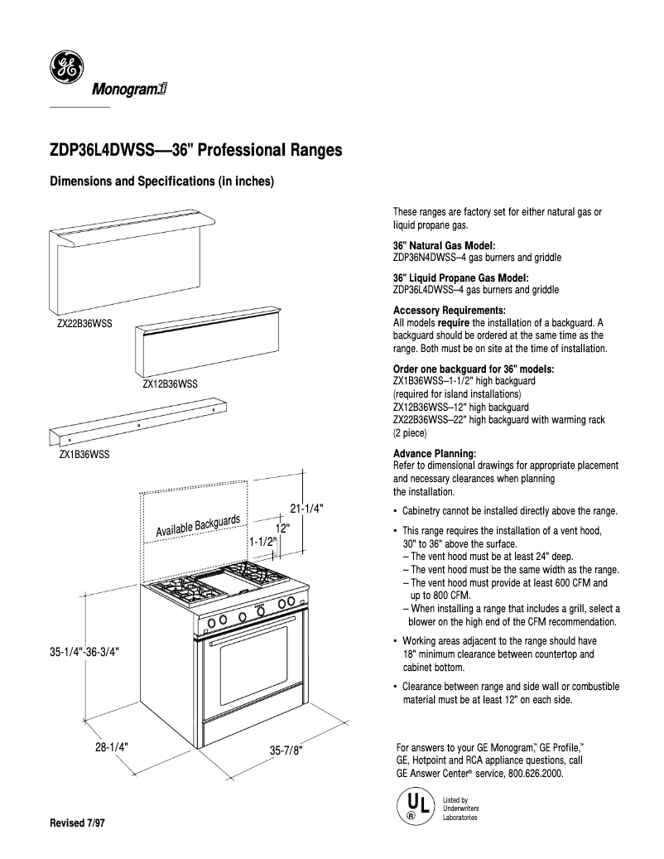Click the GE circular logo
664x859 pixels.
tap(65, 67)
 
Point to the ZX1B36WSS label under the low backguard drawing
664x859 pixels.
tap(84, 455)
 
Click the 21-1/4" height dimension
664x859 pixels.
tap(306, 509)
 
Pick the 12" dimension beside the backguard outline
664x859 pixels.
tap(281, 528)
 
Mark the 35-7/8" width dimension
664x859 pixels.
tap(286, 751)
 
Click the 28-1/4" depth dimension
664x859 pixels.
tap(110, 746)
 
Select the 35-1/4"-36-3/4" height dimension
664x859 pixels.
tap(85, 653)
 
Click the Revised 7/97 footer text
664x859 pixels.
tap(79, 826)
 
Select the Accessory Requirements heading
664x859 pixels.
tap(448, 310)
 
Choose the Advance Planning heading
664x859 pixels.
tap(434, 454)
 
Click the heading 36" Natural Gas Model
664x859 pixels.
tap(444, 246)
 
